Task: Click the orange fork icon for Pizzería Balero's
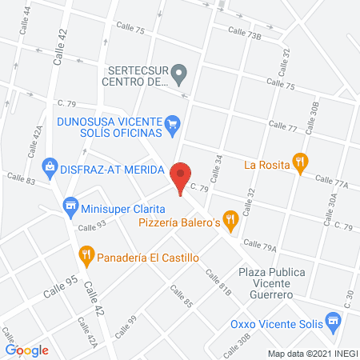tap(231, 218)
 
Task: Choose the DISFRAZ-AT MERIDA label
tap(111, 170)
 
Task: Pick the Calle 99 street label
tap(126, 323)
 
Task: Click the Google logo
tap(26, 350)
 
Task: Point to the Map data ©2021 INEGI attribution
tap(312, 354)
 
